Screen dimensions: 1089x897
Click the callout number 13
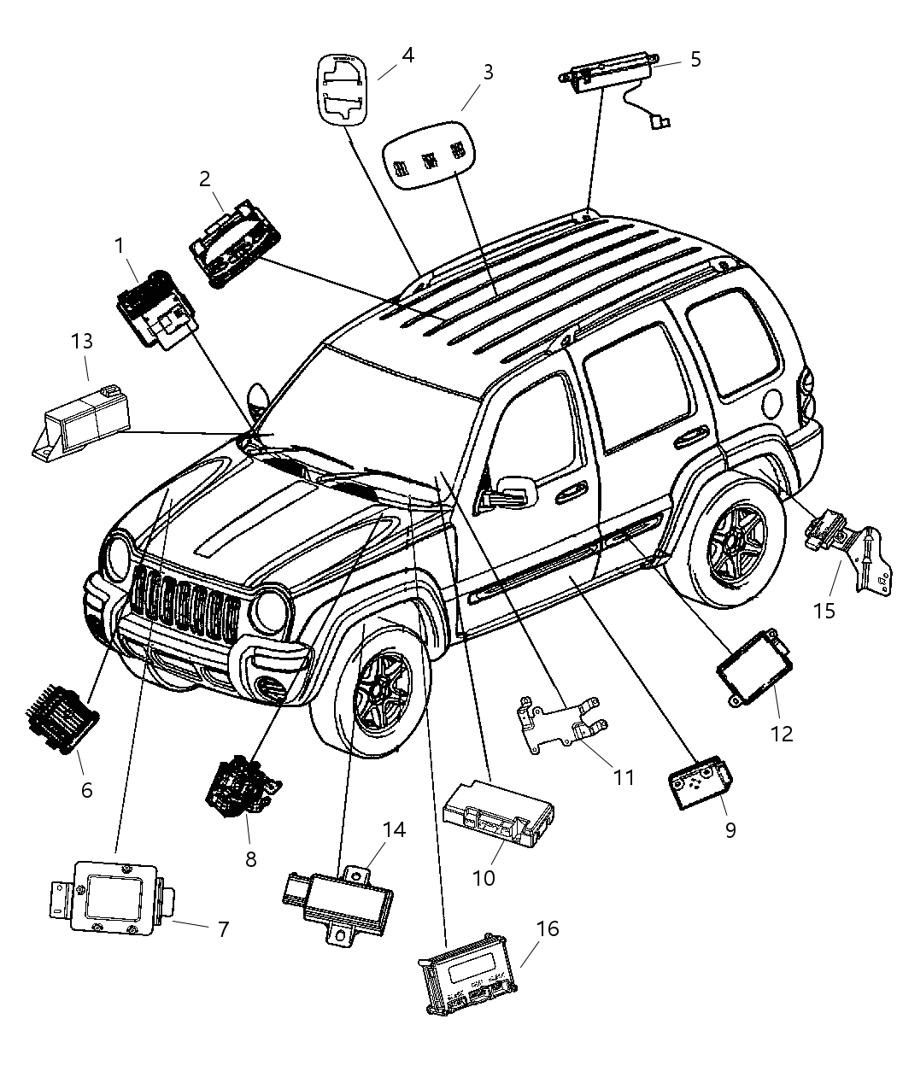82,342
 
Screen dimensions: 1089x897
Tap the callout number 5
695,60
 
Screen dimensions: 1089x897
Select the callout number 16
548,928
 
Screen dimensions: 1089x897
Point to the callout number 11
624,777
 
